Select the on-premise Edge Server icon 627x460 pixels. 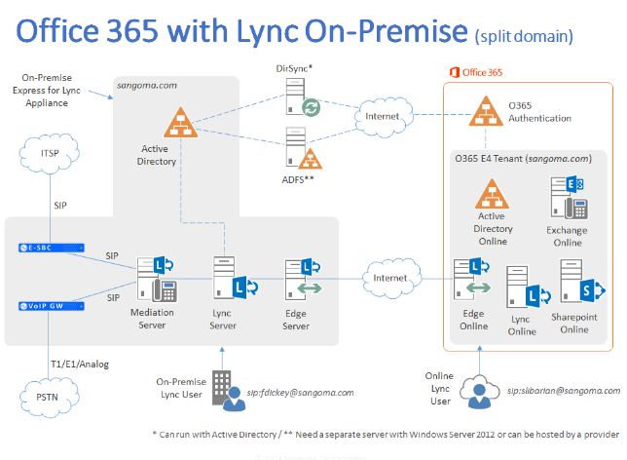coord(295,277)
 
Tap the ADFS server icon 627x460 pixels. coord(297,148)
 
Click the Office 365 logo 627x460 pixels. coord(478,73)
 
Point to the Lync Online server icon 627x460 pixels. coord(522,295)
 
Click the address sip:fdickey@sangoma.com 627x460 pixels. coord(302,392)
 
